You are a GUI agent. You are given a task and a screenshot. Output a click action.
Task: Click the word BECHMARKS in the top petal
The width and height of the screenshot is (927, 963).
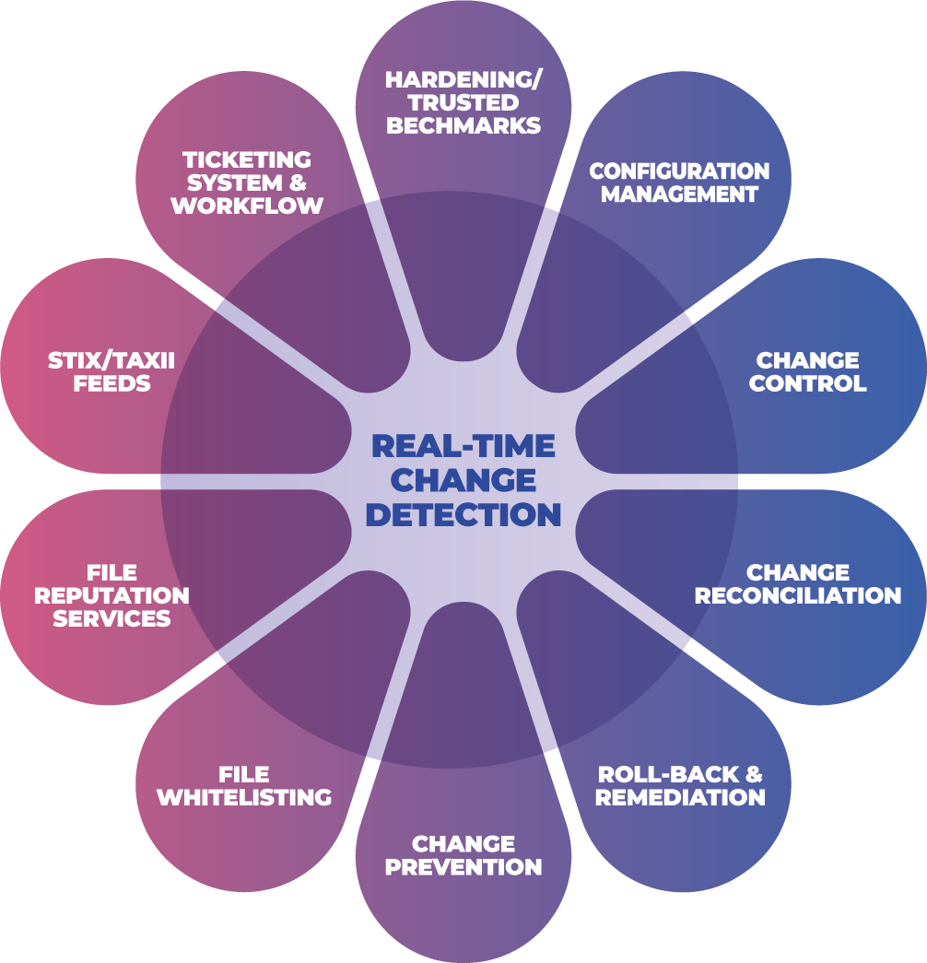463,126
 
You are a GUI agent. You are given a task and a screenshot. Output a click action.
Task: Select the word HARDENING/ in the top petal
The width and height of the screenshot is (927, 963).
463,79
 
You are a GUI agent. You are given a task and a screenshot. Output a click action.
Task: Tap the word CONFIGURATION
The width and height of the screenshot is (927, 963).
679,171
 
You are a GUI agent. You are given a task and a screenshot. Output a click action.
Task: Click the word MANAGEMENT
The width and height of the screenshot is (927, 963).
679,194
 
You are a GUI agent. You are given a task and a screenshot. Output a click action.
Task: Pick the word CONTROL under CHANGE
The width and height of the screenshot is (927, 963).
807,383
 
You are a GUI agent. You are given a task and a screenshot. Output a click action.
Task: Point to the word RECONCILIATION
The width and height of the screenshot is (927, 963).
798,595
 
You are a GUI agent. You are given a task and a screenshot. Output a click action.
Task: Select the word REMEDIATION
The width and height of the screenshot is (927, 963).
680,797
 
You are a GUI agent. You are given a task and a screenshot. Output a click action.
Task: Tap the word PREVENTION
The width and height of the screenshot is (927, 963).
463,867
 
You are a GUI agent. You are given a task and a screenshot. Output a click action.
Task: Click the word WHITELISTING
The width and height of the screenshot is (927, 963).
244,797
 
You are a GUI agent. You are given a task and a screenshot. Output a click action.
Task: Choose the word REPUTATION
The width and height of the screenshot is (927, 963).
111,595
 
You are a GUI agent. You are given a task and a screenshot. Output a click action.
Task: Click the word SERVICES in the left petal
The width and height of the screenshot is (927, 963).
111,618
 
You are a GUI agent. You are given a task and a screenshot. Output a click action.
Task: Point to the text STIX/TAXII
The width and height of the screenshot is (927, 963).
111,360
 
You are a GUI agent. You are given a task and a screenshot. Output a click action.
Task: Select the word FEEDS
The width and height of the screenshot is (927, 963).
111,383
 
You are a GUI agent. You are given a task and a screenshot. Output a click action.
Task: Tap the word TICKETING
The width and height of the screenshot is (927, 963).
246,160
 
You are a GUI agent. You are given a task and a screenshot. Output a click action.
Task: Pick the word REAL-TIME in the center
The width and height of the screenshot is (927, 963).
463,447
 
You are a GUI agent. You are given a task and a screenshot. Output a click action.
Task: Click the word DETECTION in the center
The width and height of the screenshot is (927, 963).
463,514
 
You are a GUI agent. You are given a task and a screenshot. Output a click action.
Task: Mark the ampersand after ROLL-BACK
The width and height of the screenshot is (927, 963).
754,774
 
